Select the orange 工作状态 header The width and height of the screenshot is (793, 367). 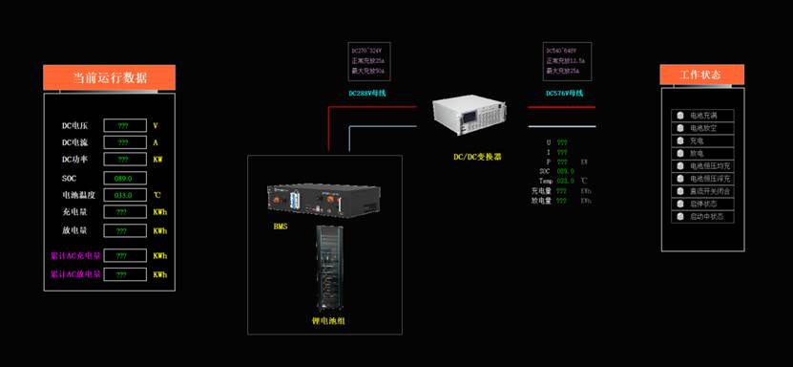tap(701, 75)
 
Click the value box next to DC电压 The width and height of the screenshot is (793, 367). tap(124, 125)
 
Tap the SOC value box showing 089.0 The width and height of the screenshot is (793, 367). tap(124, 178)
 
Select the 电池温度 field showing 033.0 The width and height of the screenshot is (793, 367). tap(124, 195)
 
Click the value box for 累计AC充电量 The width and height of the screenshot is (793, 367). tap(124, 255)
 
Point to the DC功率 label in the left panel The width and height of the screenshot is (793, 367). tap(75, 160)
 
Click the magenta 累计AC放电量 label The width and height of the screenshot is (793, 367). tap(75, 274)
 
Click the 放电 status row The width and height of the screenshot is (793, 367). tap(703, 153)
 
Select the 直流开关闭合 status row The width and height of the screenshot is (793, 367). tap(703, 191)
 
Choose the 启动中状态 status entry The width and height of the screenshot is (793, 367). tap(703, 216)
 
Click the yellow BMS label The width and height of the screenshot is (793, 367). tap(281, 227)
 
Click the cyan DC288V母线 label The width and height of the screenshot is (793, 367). tap(367, 94)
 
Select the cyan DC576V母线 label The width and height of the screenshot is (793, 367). tap(564, 94)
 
